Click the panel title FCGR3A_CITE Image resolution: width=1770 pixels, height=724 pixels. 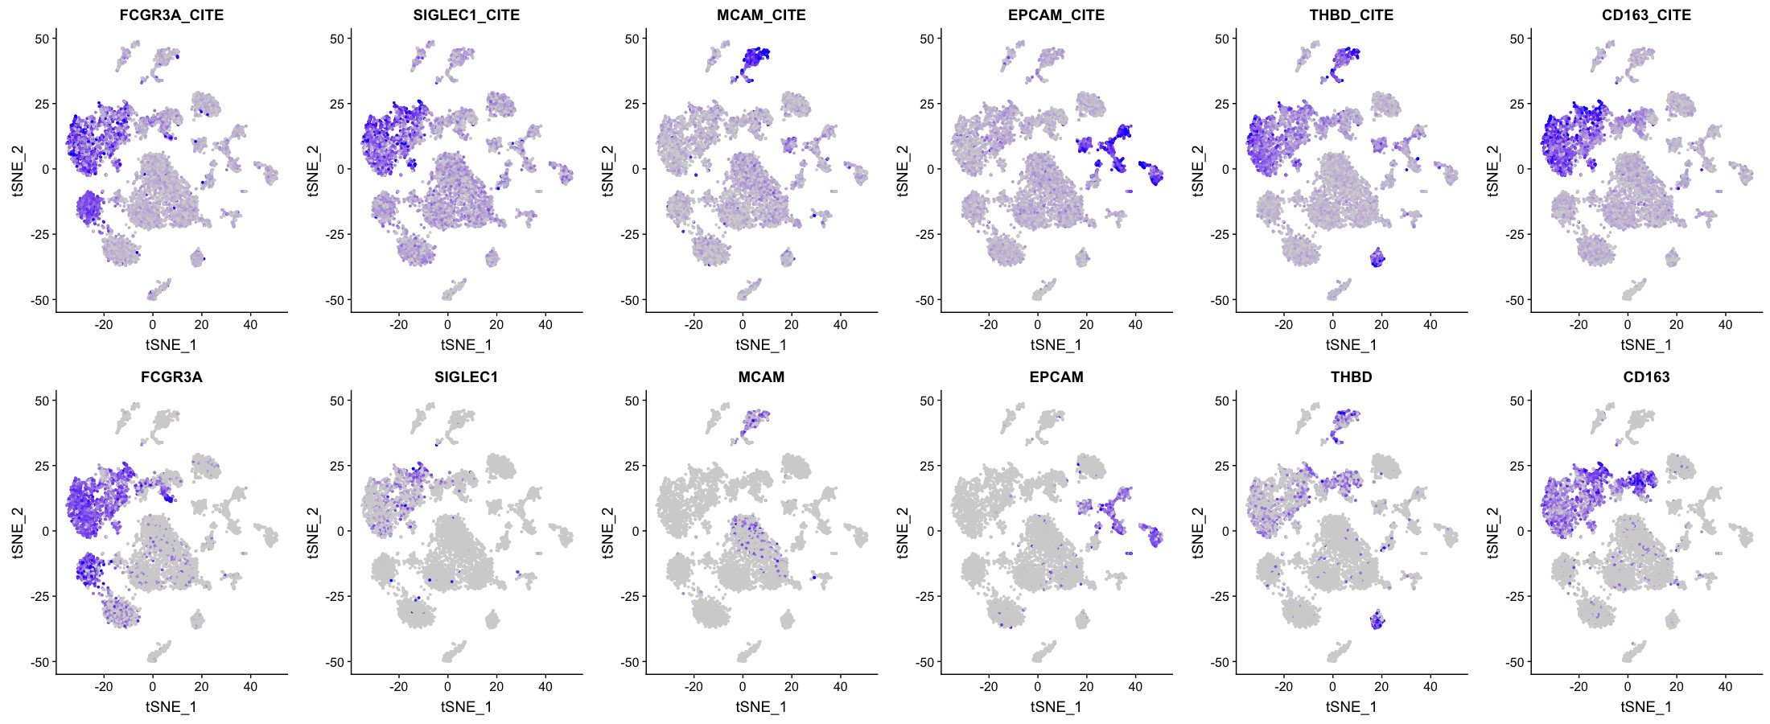click(171, 15)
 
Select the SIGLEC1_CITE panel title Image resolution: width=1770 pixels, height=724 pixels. click(467, 15)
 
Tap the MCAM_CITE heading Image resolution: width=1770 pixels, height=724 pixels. click(761, 15)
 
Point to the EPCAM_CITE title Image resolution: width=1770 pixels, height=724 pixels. click(1056, 15)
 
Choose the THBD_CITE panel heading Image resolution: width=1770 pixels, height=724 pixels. click(1352, 15)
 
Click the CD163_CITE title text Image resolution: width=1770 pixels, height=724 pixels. click(1646, 15)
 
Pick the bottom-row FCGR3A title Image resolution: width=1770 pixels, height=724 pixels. click(171, 377)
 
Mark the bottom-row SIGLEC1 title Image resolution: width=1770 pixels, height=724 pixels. click(467, 377)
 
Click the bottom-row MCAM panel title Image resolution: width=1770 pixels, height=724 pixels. click(761, 377)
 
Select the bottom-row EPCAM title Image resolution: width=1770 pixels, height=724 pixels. click(1056, 377)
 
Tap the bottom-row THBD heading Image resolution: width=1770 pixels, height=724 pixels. click(1352, 377)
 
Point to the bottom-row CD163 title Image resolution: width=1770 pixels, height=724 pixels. click(1646, 377)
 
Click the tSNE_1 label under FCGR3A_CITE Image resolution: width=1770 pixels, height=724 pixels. click(171, 345)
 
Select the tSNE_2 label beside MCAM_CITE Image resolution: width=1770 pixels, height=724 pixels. click(607, 170)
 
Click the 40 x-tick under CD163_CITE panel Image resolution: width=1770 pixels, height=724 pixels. click(1725, 325)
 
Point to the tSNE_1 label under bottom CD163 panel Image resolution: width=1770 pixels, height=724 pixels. click(1646, 707)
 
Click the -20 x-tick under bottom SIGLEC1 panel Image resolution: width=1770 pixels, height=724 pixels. click(398, 687)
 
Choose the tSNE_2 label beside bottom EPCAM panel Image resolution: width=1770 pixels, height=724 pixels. click(903, 532)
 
